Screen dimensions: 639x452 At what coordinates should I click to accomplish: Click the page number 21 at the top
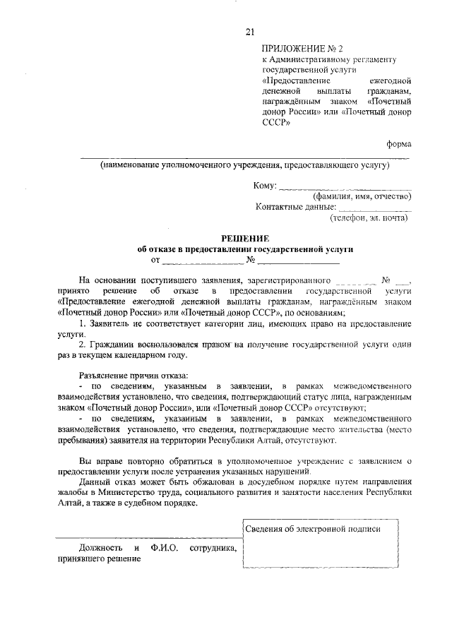[x=249, y=30]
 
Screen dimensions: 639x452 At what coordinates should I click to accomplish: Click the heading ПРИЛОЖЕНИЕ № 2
[x=302, y=49]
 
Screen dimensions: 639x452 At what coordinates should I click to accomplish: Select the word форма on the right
[x=398, y=143]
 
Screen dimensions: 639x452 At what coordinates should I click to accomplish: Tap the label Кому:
[x=265, y=186]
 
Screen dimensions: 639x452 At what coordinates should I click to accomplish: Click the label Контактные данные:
[x=295, y=208]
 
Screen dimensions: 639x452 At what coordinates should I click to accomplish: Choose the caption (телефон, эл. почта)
[x=368, y=218]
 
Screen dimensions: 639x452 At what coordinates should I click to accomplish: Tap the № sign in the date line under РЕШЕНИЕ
[x=251, y=261]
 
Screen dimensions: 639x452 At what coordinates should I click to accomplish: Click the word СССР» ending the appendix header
[x=277, y=122]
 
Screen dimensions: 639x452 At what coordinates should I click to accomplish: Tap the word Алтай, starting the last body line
[x=73, y=504]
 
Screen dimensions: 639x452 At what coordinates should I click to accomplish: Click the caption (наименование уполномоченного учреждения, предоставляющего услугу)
[x=244, y=165]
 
